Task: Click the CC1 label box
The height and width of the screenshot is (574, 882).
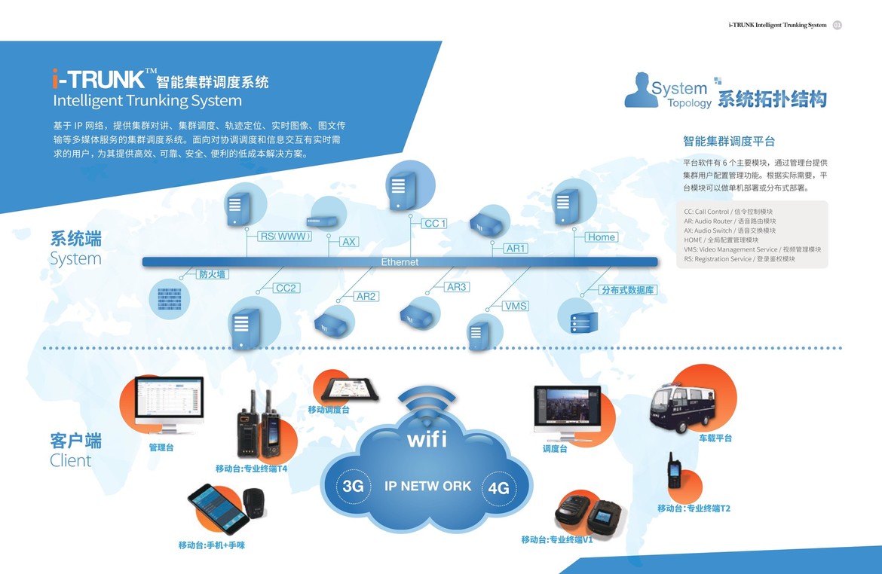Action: (435, 224)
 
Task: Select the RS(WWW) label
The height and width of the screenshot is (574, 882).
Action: (285, 237)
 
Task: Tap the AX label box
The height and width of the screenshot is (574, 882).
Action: (349, 242)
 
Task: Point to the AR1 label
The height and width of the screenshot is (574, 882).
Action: (516, 248)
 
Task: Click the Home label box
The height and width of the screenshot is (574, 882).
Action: (602, 237)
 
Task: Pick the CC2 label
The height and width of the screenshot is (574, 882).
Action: (286, 288)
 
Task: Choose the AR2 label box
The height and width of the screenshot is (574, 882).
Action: (366, 296)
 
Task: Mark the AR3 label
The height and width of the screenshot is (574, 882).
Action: (457, 287)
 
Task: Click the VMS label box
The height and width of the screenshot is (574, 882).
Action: (516, 306)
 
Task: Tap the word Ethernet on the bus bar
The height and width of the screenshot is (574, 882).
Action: (400, 262)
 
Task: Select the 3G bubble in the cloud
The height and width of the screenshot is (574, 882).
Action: (353, 486)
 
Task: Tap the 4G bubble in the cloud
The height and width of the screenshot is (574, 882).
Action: (498, 488)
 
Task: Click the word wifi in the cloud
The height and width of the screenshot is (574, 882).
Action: (427, 438)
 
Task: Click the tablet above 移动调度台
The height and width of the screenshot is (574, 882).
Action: (350, 390)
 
